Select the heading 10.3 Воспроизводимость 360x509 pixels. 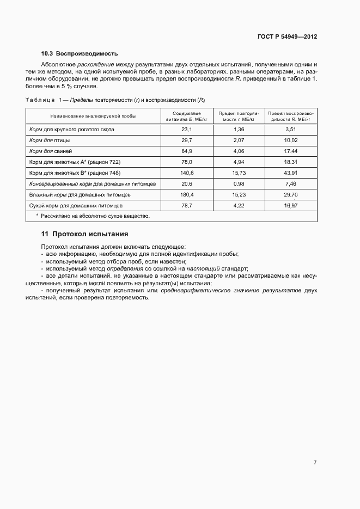(80, 54)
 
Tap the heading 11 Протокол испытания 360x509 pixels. (84, 234)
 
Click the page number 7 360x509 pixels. (315, 462)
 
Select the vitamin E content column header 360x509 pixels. (187, 116)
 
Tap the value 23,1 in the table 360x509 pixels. (187, 130)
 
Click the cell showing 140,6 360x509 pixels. (187, 173)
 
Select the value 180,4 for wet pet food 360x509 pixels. (187, 194)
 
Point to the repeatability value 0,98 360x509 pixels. (238, 183)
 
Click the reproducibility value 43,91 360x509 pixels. (290, 173)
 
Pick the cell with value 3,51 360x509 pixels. (290, 130)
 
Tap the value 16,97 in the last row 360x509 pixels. (290, 205)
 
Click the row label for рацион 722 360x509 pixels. (75, 162)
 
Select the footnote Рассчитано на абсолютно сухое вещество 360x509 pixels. (93, 216)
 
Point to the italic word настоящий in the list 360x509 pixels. (203, 268)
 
